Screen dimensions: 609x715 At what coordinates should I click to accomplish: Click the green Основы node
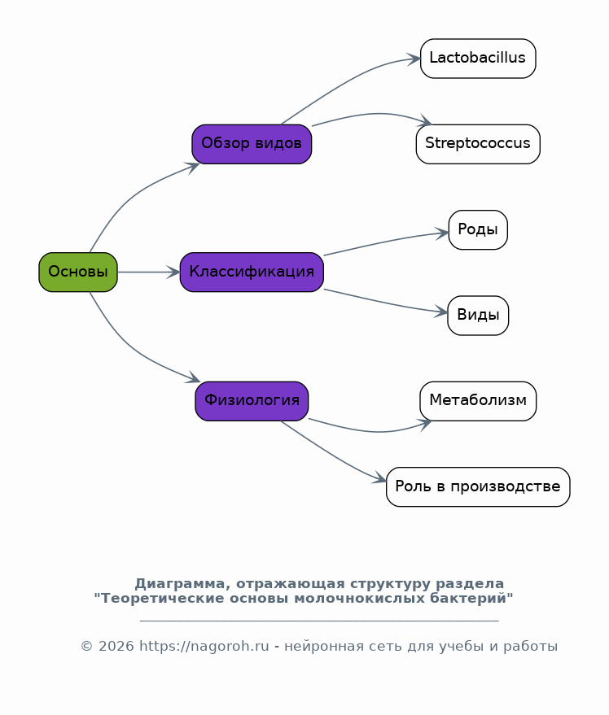(78, 272)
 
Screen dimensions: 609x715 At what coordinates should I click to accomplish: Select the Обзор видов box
(252, 144)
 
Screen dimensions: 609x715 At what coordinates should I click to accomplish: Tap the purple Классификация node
(252, 272)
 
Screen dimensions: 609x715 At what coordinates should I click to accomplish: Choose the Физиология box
(252, 401)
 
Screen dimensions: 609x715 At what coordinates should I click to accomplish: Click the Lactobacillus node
(478, 59)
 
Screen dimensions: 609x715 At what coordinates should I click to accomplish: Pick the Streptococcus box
(478, 144)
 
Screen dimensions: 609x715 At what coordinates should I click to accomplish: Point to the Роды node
(478, 230)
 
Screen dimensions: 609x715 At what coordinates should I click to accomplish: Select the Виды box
(478, 316)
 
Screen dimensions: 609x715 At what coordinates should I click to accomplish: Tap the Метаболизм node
(478, 401)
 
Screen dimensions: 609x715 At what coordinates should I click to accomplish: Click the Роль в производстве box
(478, 487)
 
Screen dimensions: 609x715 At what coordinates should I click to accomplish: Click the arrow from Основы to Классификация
(149, 272)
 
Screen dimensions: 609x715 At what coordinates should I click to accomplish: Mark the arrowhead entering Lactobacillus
(414, 59)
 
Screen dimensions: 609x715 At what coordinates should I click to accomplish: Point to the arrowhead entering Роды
(442, 233)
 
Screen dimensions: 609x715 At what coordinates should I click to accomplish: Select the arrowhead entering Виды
(441, 312)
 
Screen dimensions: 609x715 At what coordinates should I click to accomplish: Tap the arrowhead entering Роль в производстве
(380, 478)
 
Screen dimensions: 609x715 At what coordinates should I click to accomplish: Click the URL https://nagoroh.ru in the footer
(204, 646)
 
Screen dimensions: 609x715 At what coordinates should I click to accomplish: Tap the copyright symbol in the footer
(87, 646)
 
